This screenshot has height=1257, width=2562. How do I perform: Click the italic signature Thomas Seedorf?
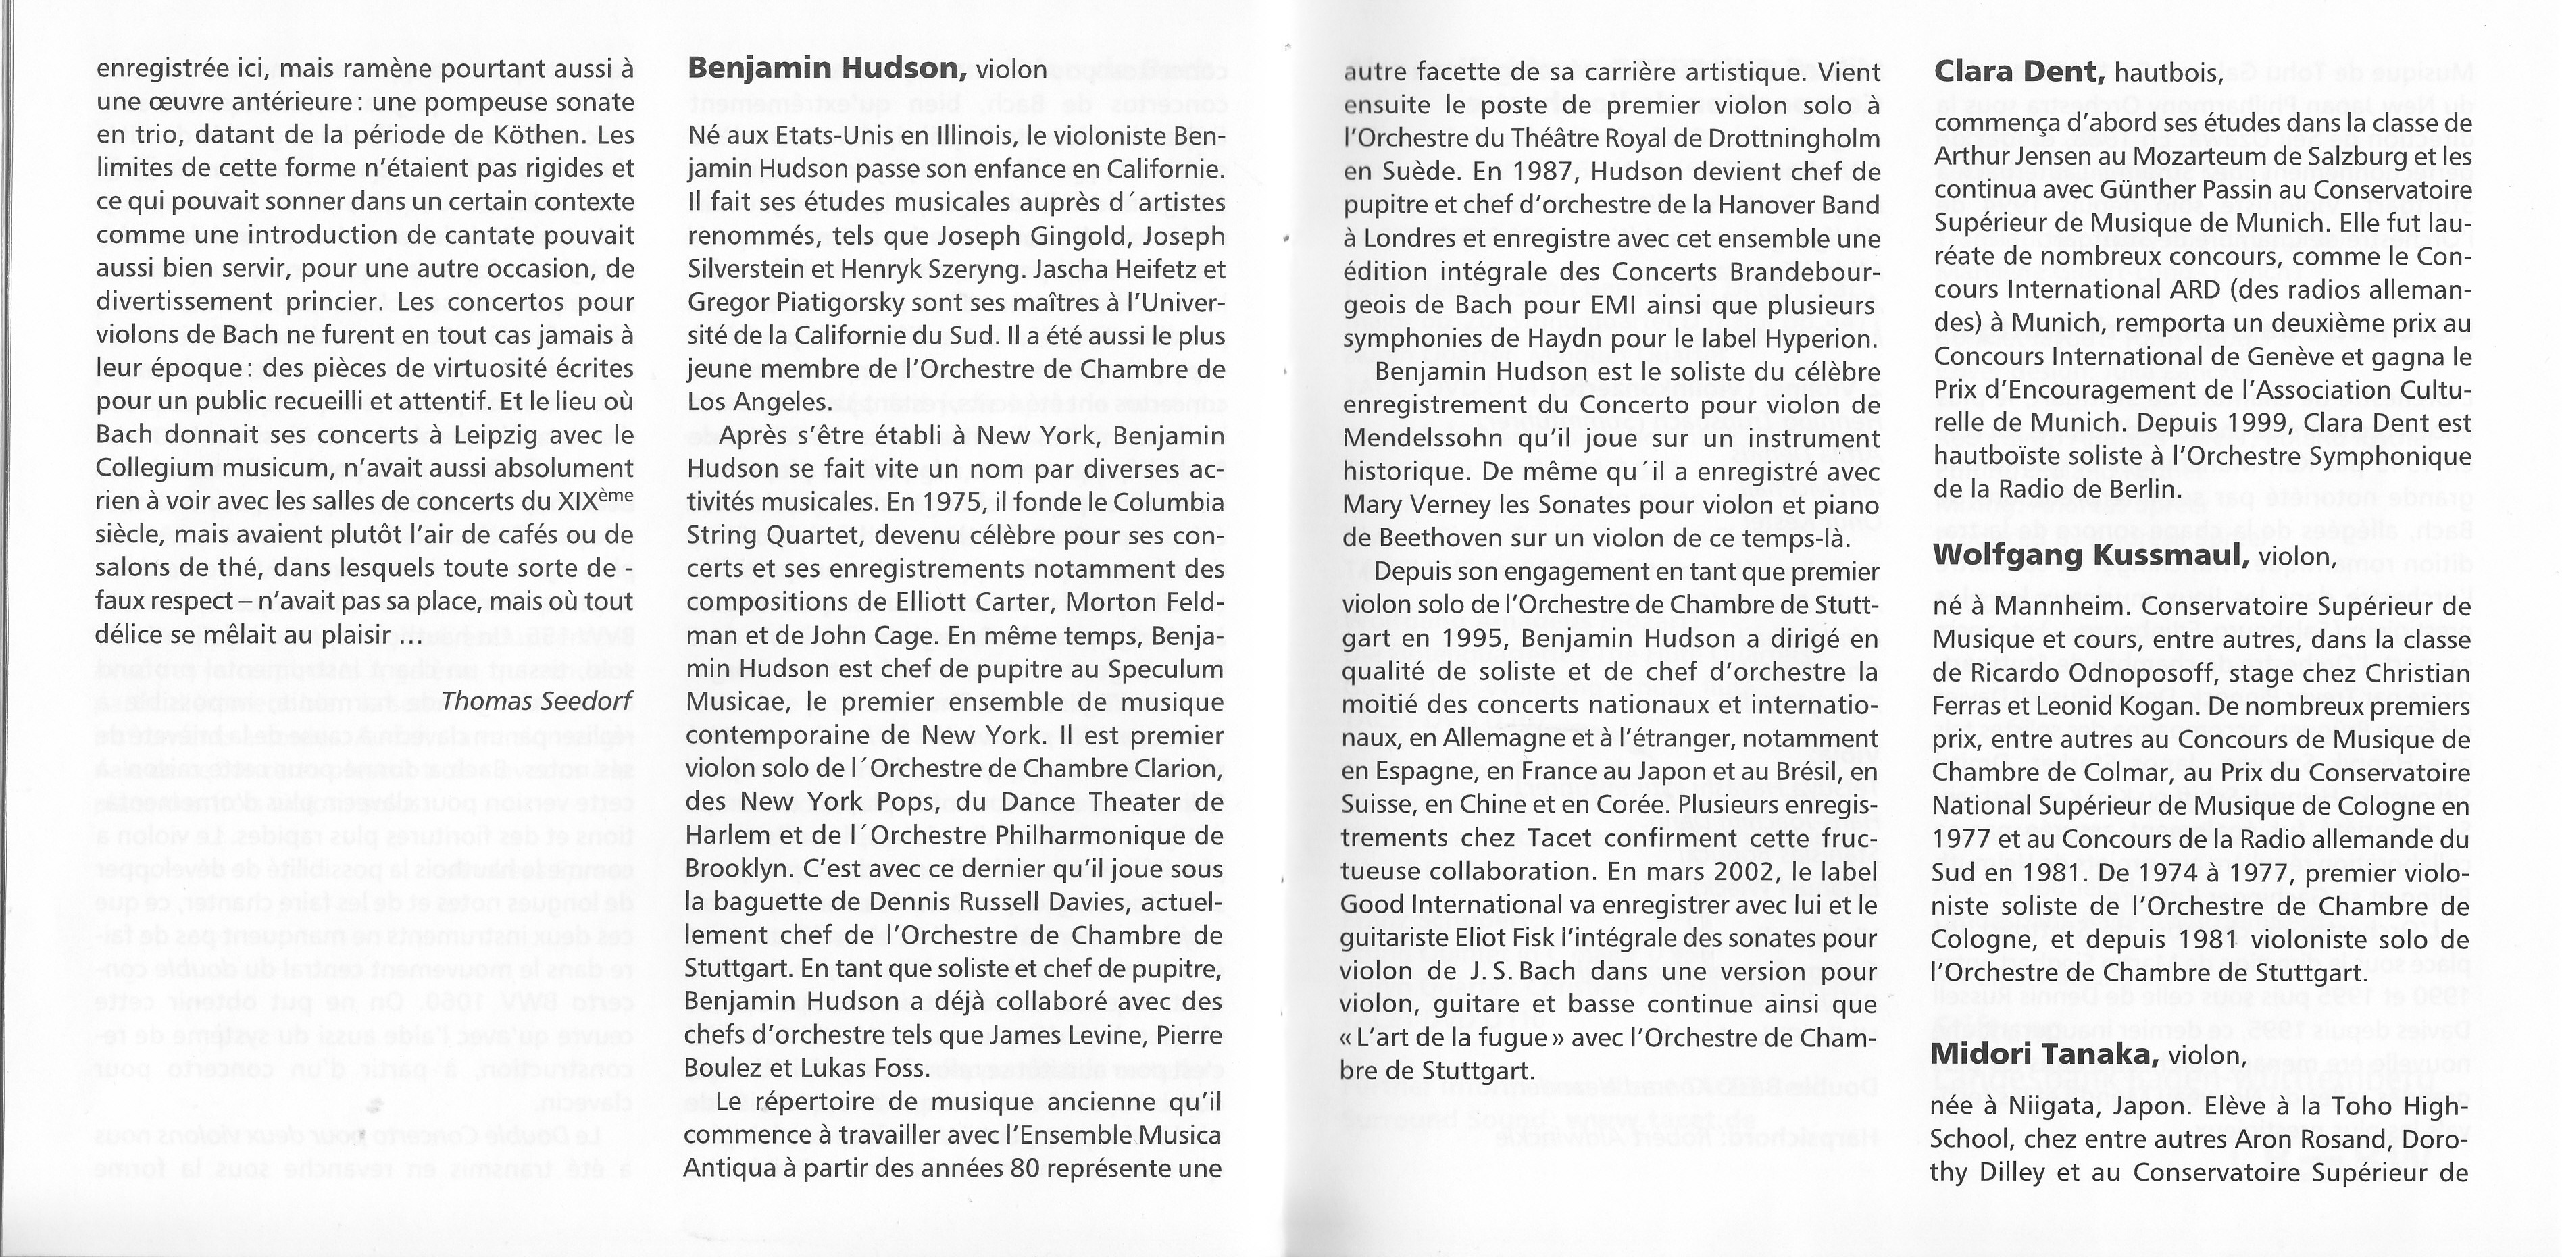point(537,701)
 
